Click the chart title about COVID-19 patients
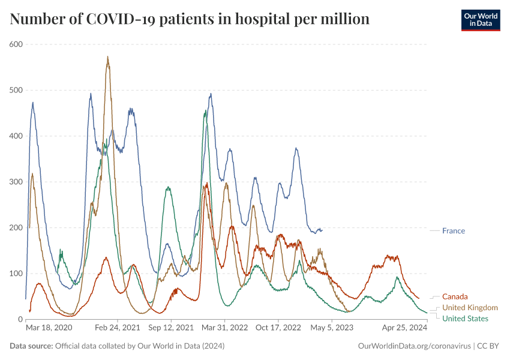[x=190, y=19]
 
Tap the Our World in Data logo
[x=480, y=20]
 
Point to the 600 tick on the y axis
[x=16, y=44]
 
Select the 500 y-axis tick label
[x=16, y=90]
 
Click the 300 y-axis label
[x=16, y=182]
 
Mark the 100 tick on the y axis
[x=16, y=274]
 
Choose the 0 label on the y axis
[x=20, y=319]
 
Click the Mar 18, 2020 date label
[x=49, y=328]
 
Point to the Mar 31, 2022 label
[x=225, y=328]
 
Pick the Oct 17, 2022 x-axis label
[x=278, y=328]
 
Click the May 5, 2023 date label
[x=332, y=328]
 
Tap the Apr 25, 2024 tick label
[x=405, y=328]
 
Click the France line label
[x=453, y=231]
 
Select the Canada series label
[x=455, y=296]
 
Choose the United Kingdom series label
[x=470, y=308]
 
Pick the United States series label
[x=465, y=319]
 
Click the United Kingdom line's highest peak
[x=107, y=57]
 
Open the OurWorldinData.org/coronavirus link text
[x=413, y=346]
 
